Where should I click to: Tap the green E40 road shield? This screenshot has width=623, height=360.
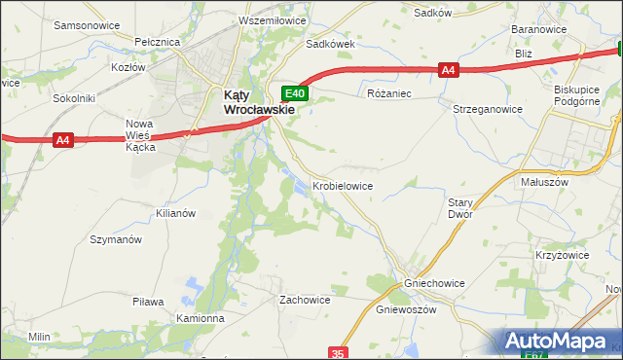(296, 93)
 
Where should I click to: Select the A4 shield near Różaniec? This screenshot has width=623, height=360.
(448, 69)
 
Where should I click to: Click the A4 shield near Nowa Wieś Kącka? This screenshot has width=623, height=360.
(63, 140)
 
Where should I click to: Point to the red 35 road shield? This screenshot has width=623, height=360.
(338, 352)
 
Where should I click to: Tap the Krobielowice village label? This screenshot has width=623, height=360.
(342, 185)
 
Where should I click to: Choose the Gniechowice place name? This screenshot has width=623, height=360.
(434, 283)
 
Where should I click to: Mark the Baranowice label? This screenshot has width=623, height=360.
(539, 30)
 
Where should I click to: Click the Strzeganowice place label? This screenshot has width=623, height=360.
(488, 110)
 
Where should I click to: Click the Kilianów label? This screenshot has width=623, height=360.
(176, 212)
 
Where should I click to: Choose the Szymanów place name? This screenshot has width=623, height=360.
(116, 239)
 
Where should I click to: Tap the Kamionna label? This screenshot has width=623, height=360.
(202, 318)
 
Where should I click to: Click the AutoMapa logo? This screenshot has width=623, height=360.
(561, 342)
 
